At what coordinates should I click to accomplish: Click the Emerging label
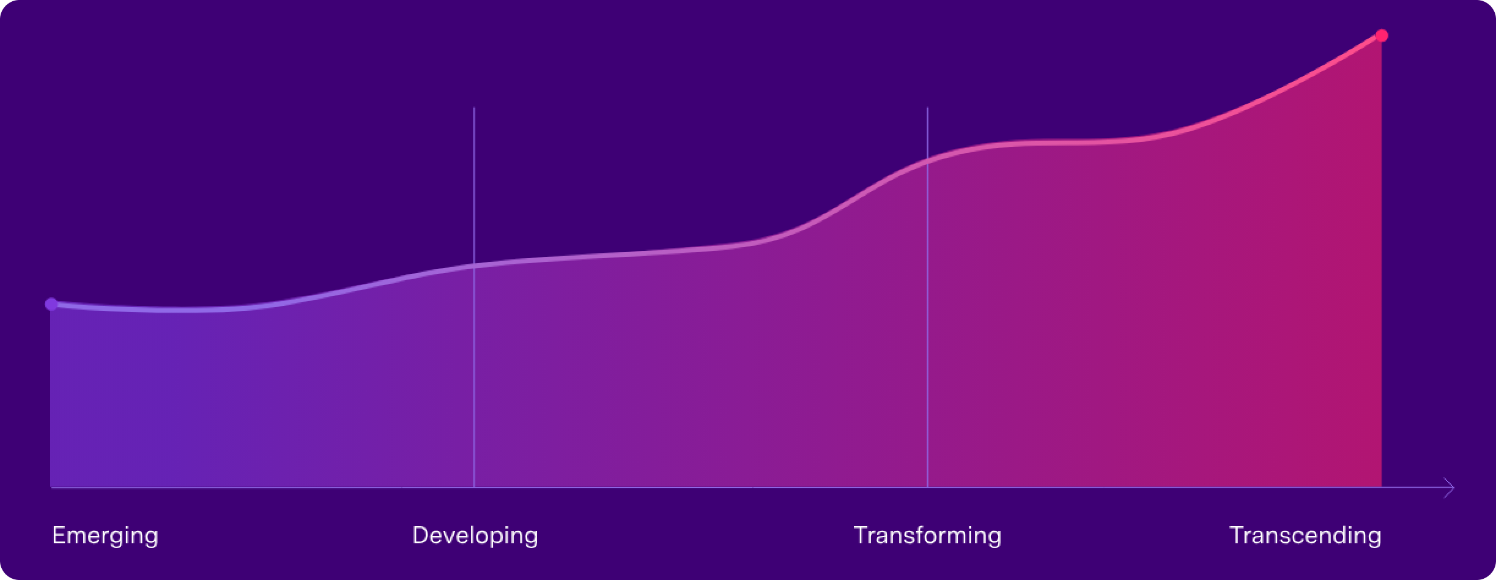pyautogui.click(x=105, y=536)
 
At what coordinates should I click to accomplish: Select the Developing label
pyautogui.click(x=475, y=536)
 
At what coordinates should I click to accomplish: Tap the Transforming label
pyautogui.click(x=927, y=536)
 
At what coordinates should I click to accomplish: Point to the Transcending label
pyautogui.click(x=1305, y=536)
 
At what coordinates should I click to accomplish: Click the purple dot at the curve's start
pyautogui.click(x=51, y=304)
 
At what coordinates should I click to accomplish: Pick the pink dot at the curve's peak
pyautogui.click(x=1382, y=35)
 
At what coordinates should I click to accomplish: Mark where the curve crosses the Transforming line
pyautogui.click(x=927, y=162)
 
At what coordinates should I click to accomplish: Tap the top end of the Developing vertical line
pyautogui.click(x=474, y=108)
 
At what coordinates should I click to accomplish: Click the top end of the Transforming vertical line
pyautogui.click(x=927, y=108)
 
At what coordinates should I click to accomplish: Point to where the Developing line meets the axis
pyautogui.click(x=474, y=488)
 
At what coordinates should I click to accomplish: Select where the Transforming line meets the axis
pyautogui.click(x=927, y=488)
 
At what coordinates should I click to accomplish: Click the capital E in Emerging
pyautogui.click(x=59, y=535)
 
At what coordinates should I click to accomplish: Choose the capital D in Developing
pyautogui.click(x=420, y=535)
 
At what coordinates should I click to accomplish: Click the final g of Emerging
pyautogui.click(x=151, y=538)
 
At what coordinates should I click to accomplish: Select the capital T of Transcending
pyautogui.click(x=1237, y=535)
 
